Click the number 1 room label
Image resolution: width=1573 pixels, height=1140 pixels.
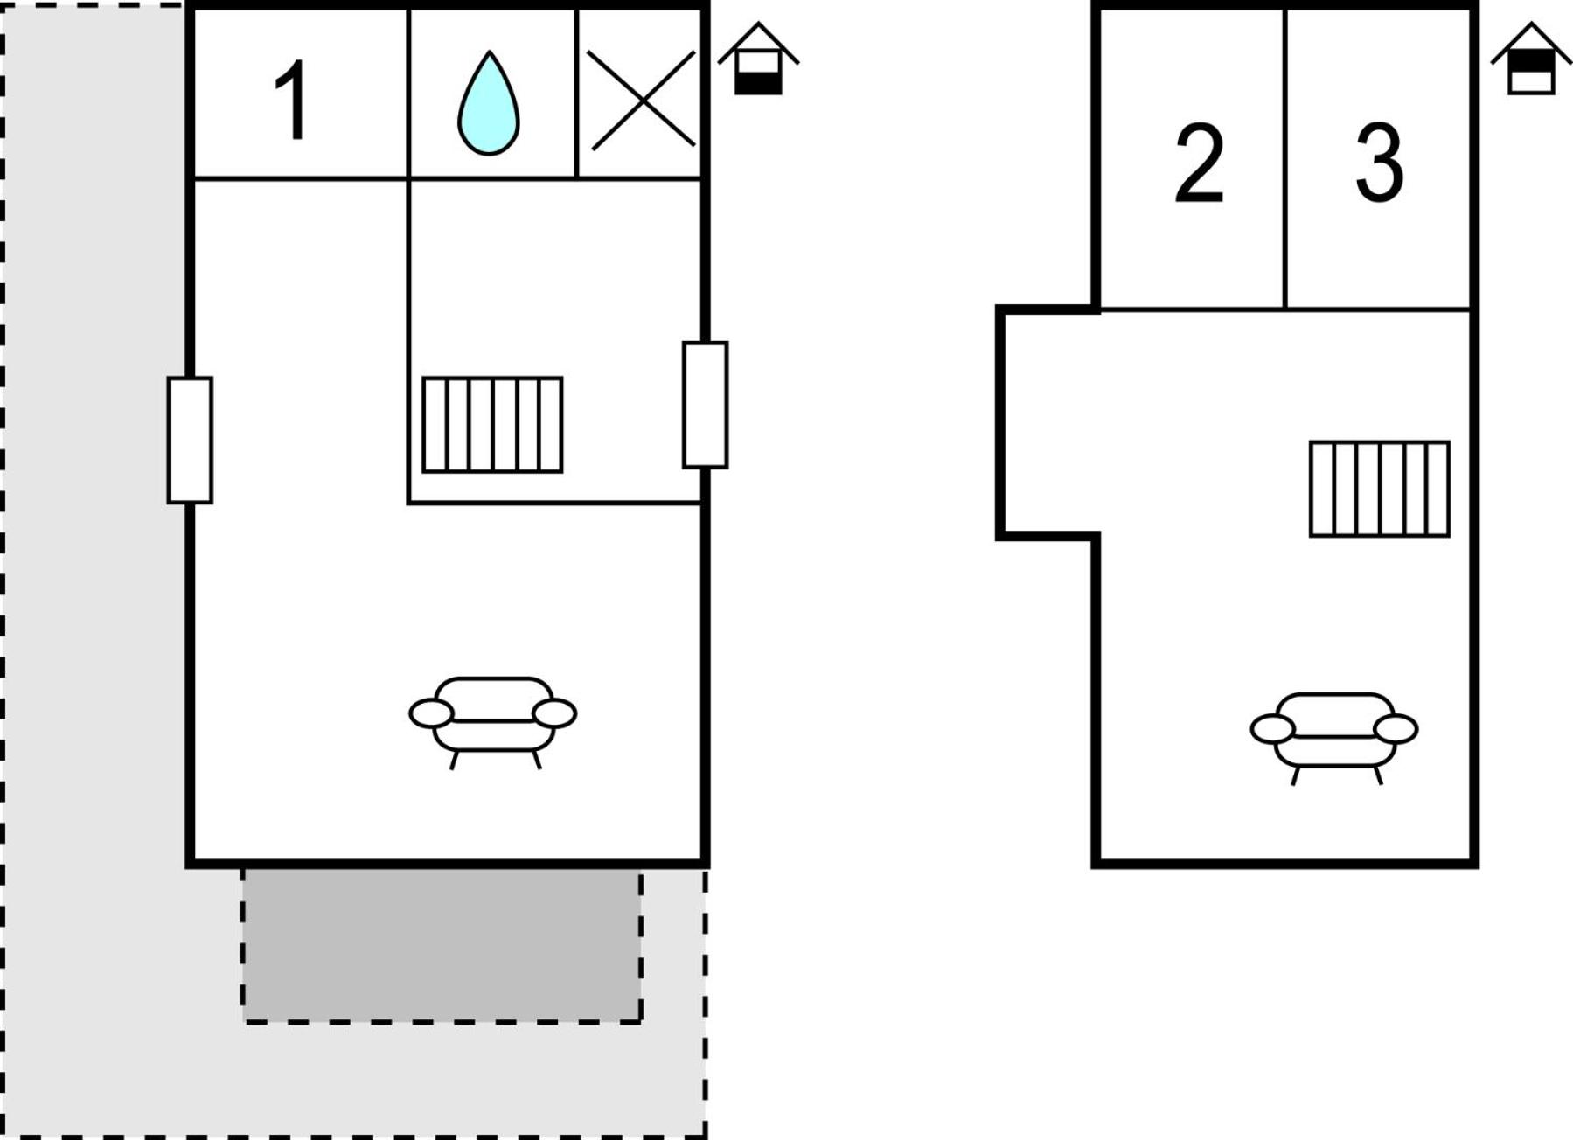(293, 99)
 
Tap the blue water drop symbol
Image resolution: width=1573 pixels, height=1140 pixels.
(489, 104)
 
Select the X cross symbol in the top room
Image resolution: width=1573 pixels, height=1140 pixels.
(642, 99)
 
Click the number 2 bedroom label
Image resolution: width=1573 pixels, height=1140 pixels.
(1199, 163)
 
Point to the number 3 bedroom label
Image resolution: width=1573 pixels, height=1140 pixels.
(1379, 162)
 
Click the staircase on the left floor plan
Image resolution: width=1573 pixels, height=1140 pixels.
(492, 425)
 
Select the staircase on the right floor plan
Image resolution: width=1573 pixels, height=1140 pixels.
(1379, 489)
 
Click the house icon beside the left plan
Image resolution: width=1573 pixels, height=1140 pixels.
(758, 59)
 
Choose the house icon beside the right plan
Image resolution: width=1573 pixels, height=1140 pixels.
(1531, 59)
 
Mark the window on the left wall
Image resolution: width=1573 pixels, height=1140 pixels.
(190, 440)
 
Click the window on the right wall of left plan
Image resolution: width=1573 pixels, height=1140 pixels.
(705, 405)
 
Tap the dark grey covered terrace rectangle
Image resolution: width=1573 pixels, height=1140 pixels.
(442, 945)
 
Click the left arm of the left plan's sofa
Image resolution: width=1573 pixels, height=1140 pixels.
(431, 713)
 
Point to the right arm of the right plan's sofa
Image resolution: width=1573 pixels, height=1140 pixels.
(1396, 729)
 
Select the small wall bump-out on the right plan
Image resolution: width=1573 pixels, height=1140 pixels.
(1048, 422)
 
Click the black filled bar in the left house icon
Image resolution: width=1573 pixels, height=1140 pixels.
(758, 83)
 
